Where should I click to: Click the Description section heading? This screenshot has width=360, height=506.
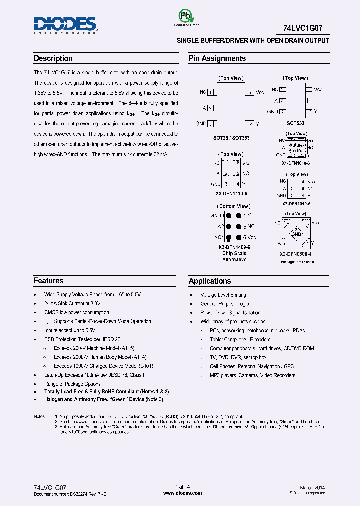click(x=53, y=58)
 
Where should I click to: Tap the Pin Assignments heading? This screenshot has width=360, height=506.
click(x=217, y=58)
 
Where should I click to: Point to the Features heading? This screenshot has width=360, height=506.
click(x=48, y=281)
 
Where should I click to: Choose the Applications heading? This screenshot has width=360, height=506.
click(x=209, y=281)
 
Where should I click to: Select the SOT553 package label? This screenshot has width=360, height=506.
click(x=295, y=123)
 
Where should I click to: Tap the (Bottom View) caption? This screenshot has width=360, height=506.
click(x=233, y=206)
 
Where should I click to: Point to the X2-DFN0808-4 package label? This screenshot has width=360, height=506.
click(x=295, y=254)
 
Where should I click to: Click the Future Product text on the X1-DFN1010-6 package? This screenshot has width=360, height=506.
click(x=296, y=147)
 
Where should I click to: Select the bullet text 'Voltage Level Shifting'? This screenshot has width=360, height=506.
click(x=223, y=295)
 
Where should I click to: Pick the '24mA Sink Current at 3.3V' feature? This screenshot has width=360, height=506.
click(x=72, y=304)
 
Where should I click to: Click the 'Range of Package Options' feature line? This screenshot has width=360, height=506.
click(x=72, y=384)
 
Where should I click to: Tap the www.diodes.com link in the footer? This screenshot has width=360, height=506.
click(x=183, y=493)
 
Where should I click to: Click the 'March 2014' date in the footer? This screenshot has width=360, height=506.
click(x=312, y=487)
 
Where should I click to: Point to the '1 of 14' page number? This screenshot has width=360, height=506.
click(x=183, y=487)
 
